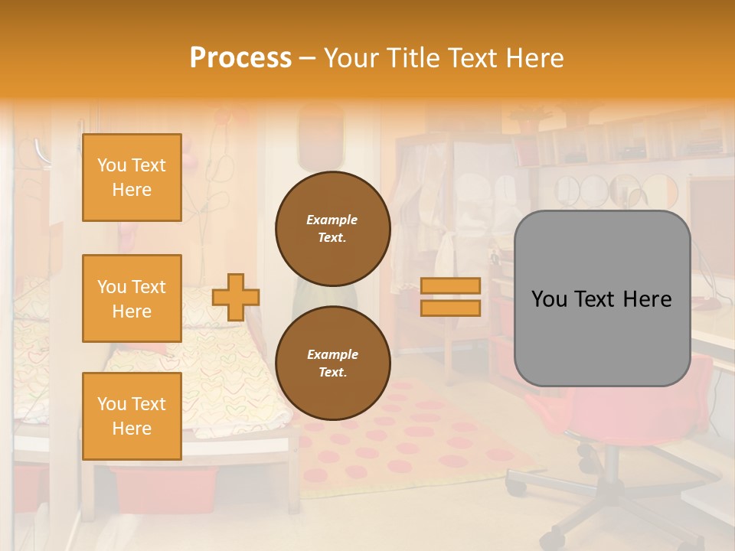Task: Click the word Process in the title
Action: [240, 58]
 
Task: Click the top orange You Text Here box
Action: [132, 178]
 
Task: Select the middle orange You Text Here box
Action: [132, 298]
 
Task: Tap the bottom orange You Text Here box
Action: [132, 416]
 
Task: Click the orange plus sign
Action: [235, 297]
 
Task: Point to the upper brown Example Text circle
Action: [332, 229]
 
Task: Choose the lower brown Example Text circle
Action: [332, 364]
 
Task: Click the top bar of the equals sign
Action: [450, 285]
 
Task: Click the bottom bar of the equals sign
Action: [450, 308]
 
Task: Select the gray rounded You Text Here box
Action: [602, 298]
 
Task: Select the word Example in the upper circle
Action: [332, 220]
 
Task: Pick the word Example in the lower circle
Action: [332, 355]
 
